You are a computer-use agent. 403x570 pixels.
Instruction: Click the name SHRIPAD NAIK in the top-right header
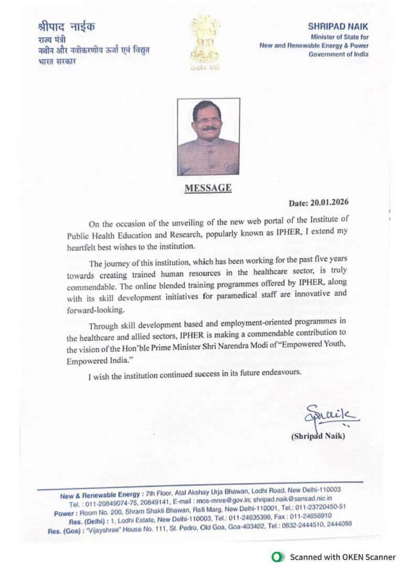coord(338,26)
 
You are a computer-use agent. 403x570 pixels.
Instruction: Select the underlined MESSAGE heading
coord(208,188)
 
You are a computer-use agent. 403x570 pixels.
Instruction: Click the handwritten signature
coord(331,416)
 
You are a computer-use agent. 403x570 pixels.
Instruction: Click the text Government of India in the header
coord(338,55)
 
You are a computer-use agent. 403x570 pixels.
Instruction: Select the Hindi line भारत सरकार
coord(57,61)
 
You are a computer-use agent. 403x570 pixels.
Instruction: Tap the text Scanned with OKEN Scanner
coord(343,557)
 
